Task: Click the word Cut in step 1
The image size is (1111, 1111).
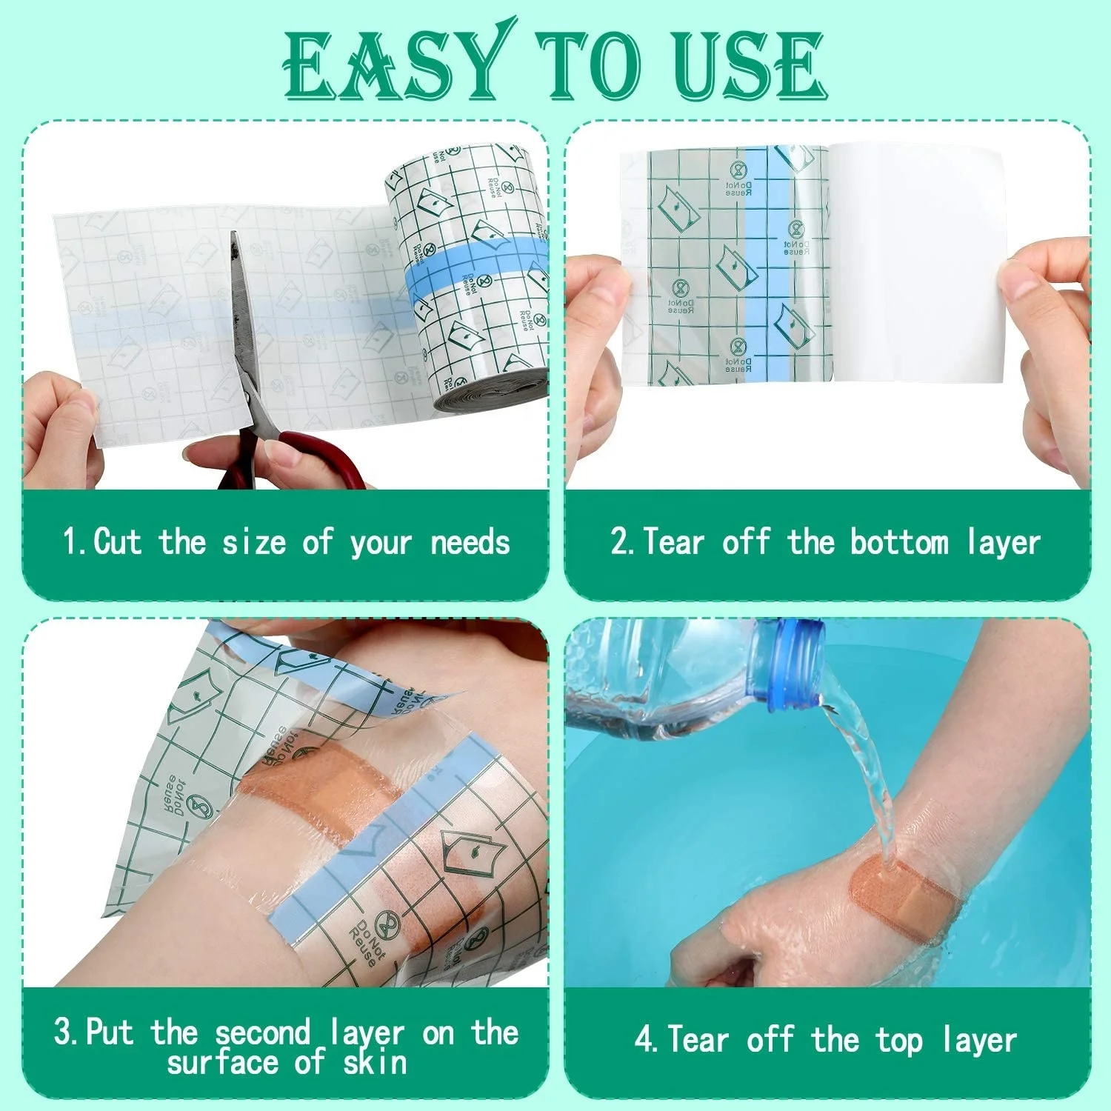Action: [118, 541]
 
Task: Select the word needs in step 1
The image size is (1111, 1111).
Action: [470, 543]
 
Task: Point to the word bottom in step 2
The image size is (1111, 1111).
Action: [898, 541]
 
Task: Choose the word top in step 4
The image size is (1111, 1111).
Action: [899, 1041]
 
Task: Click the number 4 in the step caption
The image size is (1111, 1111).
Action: [644, 1039]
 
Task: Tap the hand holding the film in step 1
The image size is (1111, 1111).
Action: [59, 430]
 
